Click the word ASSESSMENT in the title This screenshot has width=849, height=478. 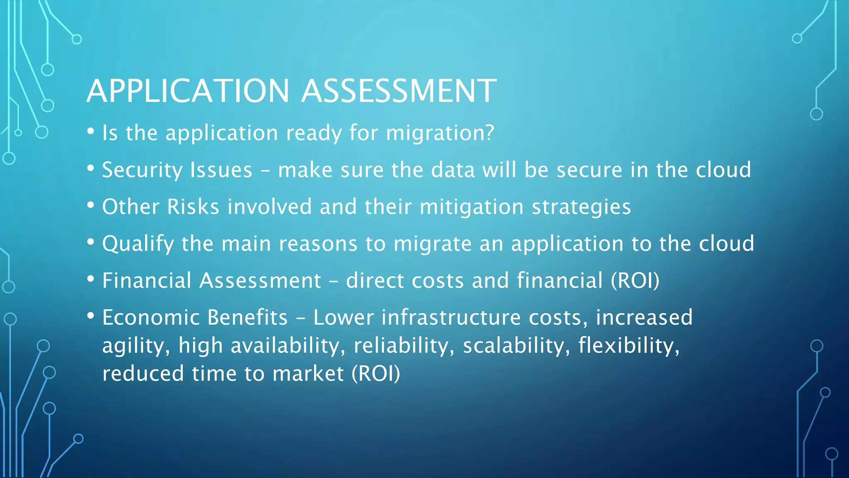point(399,91)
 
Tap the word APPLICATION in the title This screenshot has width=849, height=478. point(188,91)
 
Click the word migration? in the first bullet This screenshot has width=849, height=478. point(440,134)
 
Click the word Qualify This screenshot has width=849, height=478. point(138,244)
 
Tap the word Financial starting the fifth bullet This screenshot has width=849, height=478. point(147,280)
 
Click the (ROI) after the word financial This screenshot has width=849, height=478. point(635,280)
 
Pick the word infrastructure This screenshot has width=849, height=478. point(451,317)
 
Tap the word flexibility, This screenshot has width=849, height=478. point(629,346)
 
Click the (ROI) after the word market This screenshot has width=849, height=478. point(376,373)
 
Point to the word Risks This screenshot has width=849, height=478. point(193,207)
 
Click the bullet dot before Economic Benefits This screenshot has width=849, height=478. point(91,316)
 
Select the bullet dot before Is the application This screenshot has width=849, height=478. point(91,132)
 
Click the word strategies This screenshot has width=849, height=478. point(581,207)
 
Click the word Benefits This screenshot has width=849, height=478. point(247,317)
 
